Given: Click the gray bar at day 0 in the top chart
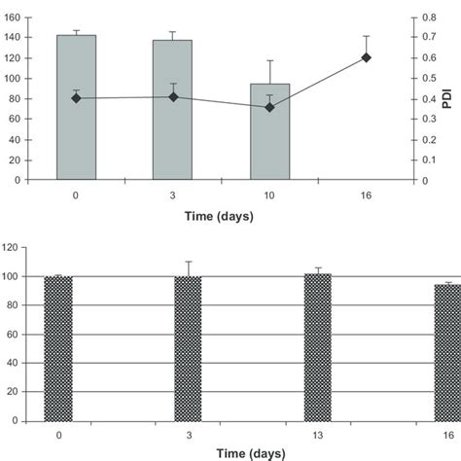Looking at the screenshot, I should click(76, 107).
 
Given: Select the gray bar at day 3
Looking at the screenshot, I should click(172, 109).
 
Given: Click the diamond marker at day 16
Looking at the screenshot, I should click(367, 57).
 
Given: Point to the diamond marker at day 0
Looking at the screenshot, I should click(76, 97).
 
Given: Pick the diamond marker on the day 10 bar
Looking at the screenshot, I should click(269, 107).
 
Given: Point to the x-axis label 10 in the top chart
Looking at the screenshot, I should click(269, 195).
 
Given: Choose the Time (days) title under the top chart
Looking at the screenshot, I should click(221, 216).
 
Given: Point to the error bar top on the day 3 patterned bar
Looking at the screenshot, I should click(188, 262).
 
